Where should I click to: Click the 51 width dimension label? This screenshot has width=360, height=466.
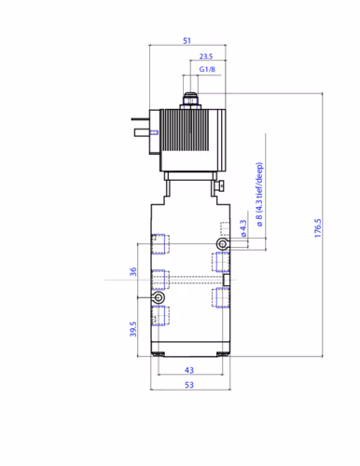[187, 40]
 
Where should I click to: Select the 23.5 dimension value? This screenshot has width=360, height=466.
[206, 56]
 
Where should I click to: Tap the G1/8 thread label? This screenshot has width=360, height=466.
[207, 69]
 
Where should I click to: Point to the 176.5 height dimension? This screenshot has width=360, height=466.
[317, 228]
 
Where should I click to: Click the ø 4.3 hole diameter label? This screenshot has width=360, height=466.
[243, 228]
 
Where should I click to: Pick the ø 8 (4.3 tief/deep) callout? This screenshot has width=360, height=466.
[259, 195]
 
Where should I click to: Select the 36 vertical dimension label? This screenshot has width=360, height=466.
[133, 271]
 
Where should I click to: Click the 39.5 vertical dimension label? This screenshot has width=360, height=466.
[133, 329]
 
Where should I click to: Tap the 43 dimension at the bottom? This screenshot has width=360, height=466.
[189, 370]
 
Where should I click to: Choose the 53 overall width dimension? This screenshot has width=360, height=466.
[189, 385]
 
